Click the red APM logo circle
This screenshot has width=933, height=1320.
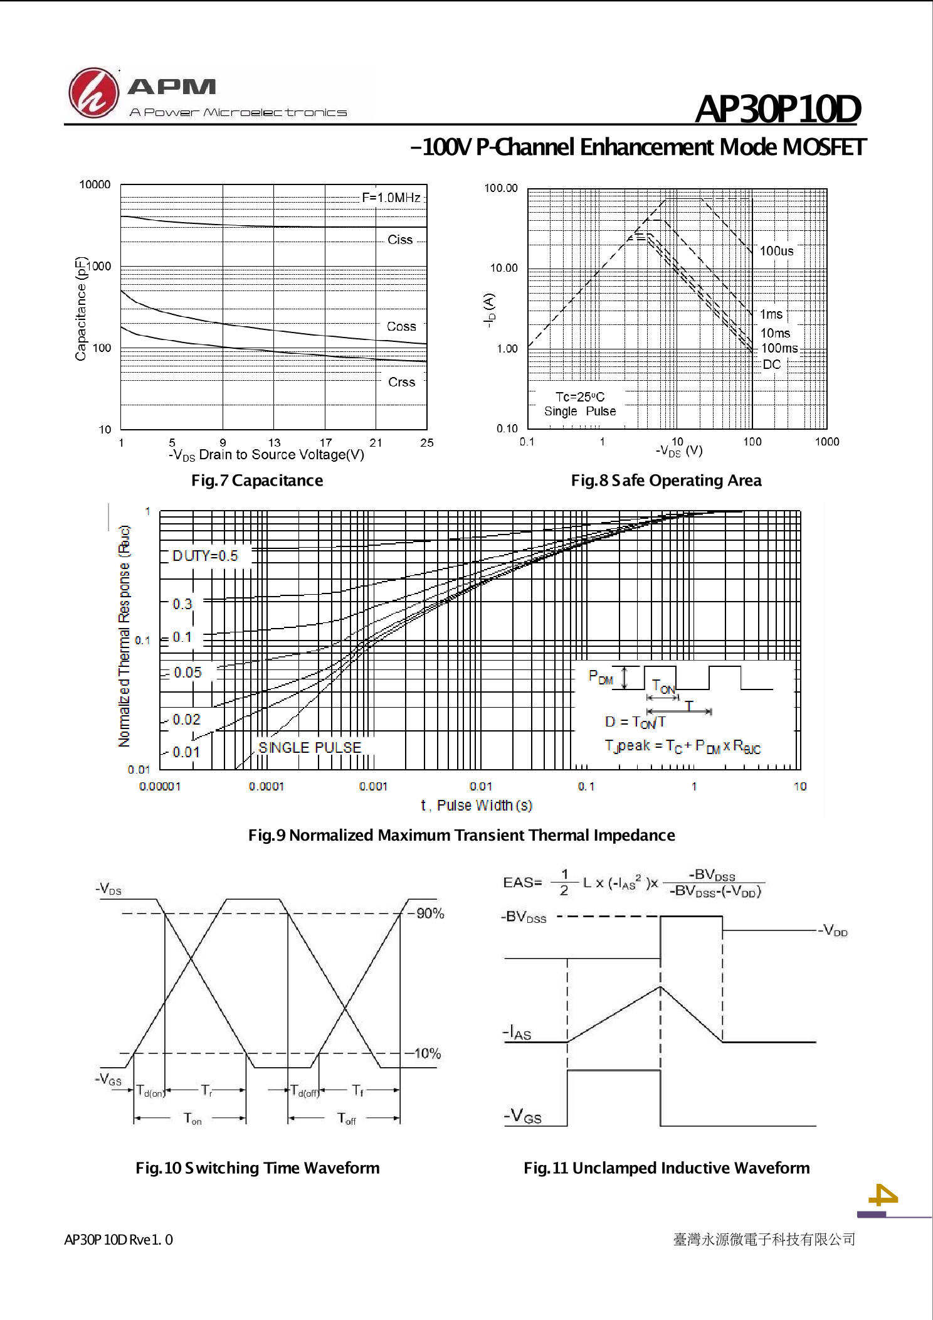tap(93, 93)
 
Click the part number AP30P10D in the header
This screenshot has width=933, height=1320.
tap(778, 109)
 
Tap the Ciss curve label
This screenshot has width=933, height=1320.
tap(400, 240)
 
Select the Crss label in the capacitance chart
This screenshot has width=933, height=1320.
tap(401, 382)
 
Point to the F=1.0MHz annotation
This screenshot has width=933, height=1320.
tap(391, 198)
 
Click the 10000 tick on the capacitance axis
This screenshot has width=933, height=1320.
tap(95, 184)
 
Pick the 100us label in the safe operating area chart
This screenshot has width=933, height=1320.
tap(777, 251)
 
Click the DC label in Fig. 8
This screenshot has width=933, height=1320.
tap(772, 365)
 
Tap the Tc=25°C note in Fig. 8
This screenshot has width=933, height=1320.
tap(580, 397)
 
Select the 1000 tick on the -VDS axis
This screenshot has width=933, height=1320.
tap(827, 442)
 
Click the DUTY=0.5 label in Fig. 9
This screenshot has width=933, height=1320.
tap(205, 556)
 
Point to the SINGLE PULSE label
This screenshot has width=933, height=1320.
tap(310, 748)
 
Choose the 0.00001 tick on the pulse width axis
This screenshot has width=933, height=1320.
tap(160, 786)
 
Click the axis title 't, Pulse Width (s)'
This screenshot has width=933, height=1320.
tap(477, 806)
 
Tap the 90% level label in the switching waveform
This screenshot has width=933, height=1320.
tap(430, 913)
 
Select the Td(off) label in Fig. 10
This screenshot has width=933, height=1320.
tap(305, 1091)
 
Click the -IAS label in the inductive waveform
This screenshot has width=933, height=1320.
tap(517, 1032)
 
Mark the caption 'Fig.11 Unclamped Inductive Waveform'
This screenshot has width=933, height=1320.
tap(667, 1168)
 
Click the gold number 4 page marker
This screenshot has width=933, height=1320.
tap(883, 1196)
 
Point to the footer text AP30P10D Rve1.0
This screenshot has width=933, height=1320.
tap(119, 1240)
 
